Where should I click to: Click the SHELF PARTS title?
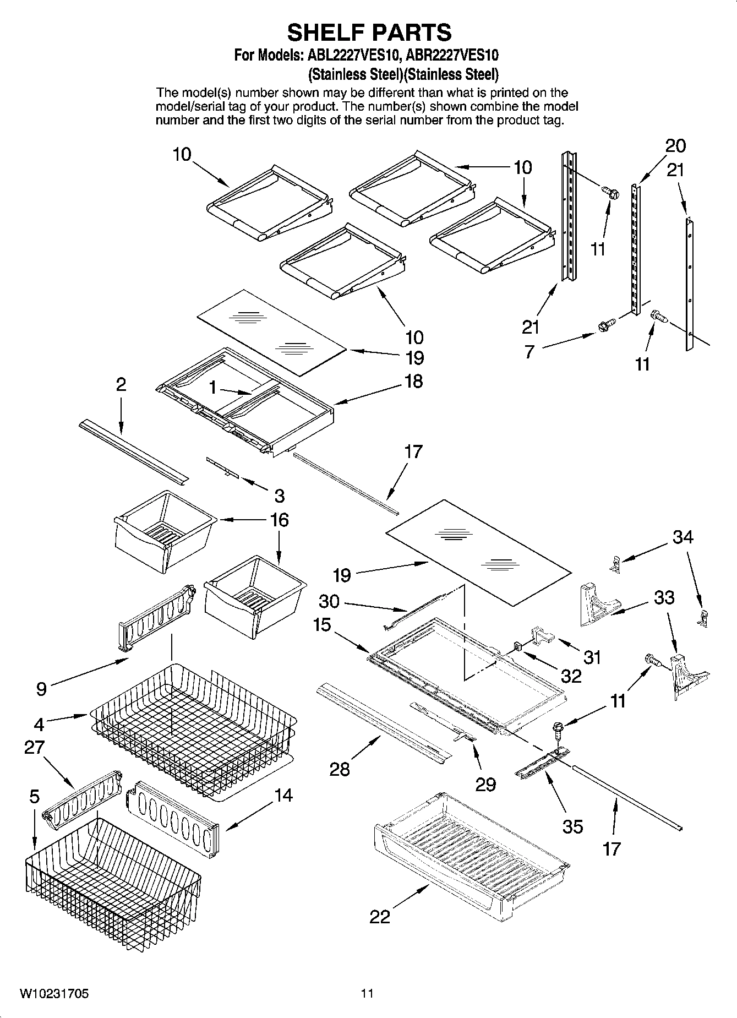[369, 32]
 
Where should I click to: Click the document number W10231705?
[54, 993]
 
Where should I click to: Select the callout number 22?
[380, 917]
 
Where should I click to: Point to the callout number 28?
[340, 769]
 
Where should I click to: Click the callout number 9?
[42, 689]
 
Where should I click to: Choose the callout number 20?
[675, 146]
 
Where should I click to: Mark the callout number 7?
[529, 351]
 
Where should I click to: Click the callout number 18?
[413, 381]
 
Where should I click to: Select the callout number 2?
[121, 384]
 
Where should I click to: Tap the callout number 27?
[34, 747]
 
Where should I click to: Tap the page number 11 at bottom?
[367, 993]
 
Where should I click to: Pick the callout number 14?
[283, 795]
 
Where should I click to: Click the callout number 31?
[592, 657]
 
